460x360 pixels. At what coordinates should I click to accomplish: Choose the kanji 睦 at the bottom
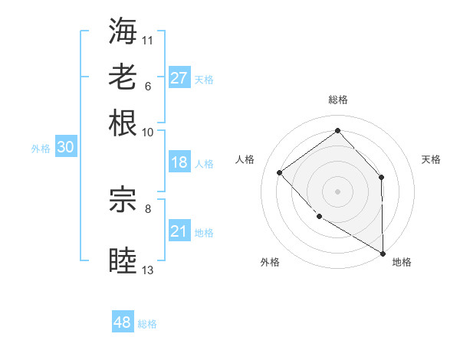[123, 260]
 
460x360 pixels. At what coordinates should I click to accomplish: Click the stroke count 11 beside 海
[148, 40]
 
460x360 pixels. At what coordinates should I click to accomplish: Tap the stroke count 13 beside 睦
[148, 270]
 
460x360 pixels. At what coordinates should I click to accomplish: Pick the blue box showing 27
[179, 78]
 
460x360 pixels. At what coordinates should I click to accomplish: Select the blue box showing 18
[179, 162]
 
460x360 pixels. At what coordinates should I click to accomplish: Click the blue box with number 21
[179, 231]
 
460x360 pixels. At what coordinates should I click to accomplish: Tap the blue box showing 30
[65, 148]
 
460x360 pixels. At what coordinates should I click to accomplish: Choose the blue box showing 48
[123, 322]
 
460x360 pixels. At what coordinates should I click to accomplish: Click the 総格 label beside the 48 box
[147, 324]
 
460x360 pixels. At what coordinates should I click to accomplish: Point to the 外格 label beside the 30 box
[41, 149]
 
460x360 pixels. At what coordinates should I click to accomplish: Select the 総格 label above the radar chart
[338, 100]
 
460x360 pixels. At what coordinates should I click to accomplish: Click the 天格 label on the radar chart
[431, 159]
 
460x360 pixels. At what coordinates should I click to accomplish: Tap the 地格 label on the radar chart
[402, 263]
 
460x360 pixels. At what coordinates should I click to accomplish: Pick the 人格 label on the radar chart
[245, 159]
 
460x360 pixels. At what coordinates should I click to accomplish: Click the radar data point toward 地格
[383, 253]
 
